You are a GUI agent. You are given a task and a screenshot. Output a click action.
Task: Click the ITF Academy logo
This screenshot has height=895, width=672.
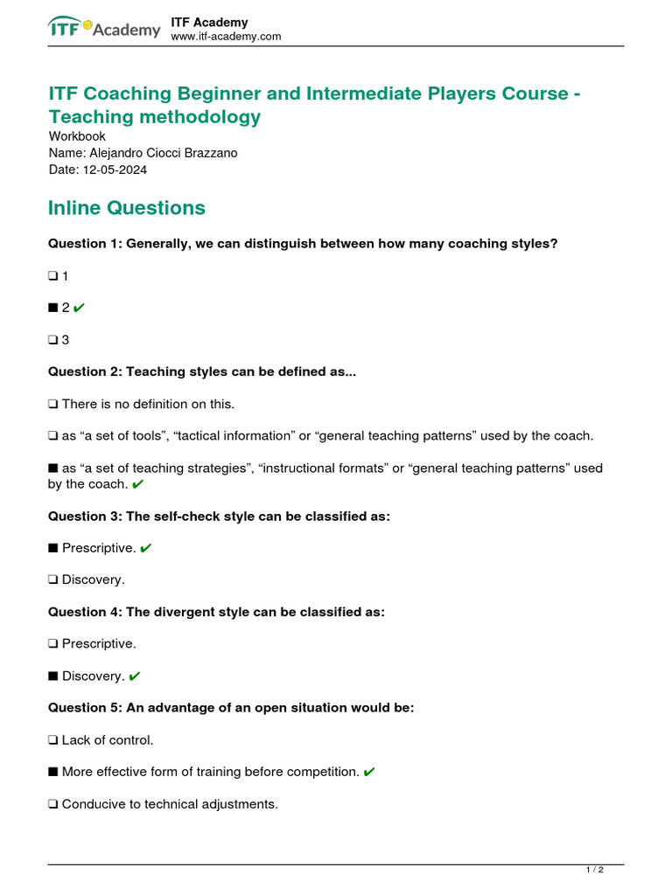[x=104, y=29]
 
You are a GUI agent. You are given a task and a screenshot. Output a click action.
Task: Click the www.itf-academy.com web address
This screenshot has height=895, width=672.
[x=226, y=37]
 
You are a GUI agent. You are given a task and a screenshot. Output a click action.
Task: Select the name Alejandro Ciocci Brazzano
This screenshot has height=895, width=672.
[x=143, y=153]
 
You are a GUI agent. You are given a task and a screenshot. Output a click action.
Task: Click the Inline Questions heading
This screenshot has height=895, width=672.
[x=127, y=208]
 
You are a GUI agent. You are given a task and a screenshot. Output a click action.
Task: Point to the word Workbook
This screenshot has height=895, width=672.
[x=77, y=136]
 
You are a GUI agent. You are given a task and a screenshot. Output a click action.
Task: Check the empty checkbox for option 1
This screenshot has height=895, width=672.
[x=53, y=276]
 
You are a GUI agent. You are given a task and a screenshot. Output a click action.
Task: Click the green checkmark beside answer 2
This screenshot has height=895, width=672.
[x=80, y=308]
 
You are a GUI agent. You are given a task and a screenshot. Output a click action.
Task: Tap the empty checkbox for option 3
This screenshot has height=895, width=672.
[x=53, y=340]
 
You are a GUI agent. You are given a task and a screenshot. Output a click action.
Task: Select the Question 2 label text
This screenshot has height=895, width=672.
[x=85, y=371]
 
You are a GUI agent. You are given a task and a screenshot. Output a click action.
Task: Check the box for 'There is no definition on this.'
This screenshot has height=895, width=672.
[x=53, y=404]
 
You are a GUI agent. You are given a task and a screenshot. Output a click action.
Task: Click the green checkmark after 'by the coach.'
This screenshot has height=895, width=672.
[x=138, y=484]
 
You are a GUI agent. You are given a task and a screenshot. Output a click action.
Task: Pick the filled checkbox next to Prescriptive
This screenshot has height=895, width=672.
[x=53, y=548]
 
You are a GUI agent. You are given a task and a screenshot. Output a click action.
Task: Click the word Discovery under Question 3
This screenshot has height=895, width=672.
[x=94, y=579]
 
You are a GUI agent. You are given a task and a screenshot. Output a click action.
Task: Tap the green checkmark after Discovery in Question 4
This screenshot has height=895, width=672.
[x=134, y=676]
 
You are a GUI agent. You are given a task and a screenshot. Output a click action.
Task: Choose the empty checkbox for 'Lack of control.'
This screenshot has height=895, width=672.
[x=53, y=740]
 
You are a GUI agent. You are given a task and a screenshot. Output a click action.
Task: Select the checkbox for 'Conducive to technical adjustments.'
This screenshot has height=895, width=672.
[x=53, y=804]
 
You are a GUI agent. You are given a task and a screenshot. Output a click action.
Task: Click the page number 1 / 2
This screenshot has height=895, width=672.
[x=594, y=871]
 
